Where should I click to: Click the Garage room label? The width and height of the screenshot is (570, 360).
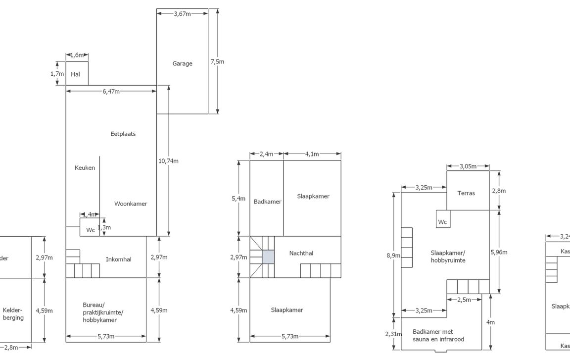(x=182, y=63)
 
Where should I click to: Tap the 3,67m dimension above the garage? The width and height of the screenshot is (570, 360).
(x=182, y=14)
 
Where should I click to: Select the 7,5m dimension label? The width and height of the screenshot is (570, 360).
(x=217, y=62)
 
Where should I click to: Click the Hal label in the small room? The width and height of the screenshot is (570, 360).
(x=76, y=74)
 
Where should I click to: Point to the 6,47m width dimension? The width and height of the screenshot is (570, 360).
(x=111, y=91)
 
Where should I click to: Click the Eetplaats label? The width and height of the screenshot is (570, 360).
(x=123, y=134)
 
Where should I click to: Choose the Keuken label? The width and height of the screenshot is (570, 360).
(x=85, y=168)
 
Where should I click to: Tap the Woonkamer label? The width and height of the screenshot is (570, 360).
(x=131, y=204)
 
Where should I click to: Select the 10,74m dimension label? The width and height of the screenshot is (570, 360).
(x=169, y=161)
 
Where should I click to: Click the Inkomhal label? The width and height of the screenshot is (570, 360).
(x=119, y=259)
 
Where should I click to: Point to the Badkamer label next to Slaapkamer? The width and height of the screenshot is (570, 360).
(x=267, y=202)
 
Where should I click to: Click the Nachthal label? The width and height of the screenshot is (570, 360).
(x=301, y=254)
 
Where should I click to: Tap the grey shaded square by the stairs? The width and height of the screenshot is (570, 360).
(x=268, y=257)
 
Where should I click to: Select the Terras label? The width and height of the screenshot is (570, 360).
(x=466, y=193)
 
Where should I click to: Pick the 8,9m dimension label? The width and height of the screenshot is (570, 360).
(x=394, y=256)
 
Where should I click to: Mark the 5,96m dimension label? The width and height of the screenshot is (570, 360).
(x=499, y=252)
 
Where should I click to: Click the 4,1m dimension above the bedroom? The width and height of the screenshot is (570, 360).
(x=312, y=154)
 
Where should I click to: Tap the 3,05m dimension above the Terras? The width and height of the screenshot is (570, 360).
(x=468, y=166)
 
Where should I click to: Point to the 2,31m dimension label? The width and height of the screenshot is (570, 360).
(x=394, y=334)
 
